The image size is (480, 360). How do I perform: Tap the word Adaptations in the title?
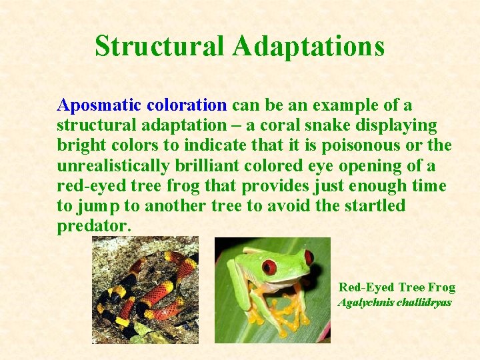(x=309, y=47)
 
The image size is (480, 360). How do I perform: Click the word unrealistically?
(x=119, y=165)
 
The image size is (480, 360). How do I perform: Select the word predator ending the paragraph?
(x=93, y=226)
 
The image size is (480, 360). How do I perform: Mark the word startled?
(x=374, y=205)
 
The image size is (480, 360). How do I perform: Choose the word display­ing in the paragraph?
(x=400, y=125)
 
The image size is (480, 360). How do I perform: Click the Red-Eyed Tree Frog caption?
(x=397, y=287)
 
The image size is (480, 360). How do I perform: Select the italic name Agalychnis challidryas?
(x=395, y=303)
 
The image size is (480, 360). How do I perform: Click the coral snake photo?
(x=145, y=290)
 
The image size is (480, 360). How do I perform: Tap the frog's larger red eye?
(x=269, y=267)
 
